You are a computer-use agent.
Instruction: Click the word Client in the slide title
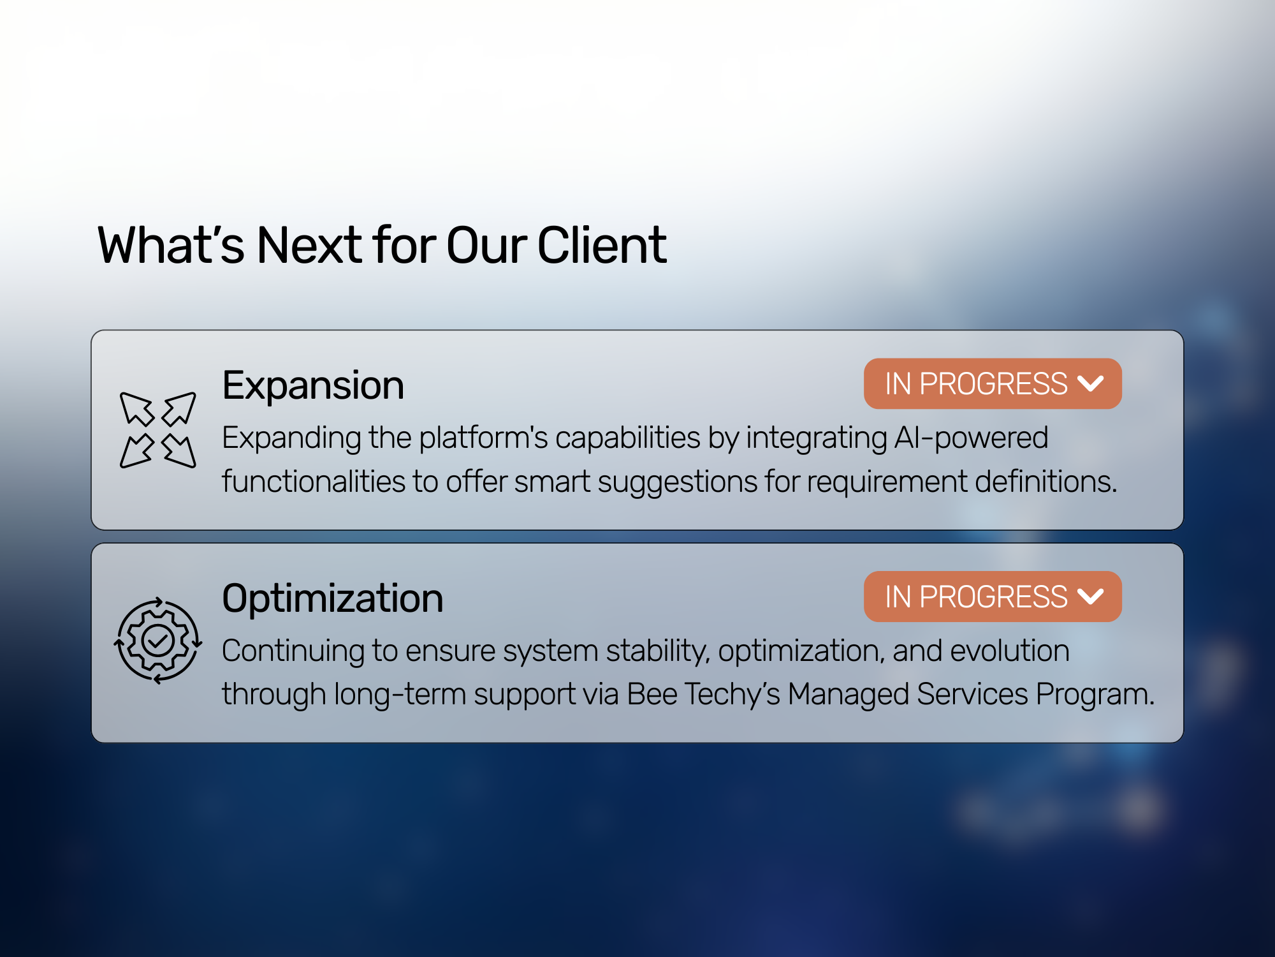point(602,245)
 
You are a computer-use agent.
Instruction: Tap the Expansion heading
point(313,386)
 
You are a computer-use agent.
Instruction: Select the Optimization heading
point(333,598)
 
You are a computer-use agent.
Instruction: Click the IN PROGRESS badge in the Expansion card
point(993,383)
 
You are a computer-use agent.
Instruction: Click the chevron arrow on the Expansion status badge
point(1090,383)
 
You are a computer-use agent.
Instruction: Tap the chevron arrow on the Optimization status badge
point(1090,597)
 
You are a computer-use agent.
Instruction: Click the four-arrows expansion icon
point(158,430)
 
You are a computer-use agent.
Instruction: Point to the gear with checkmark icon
point(158,641)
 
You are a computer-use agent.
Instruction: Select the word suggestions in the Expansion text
point(677,482)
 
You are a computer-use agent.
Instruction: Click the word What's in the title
point(171,245)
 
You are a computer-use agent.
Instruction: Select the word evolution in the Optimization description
point(1010,651)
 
